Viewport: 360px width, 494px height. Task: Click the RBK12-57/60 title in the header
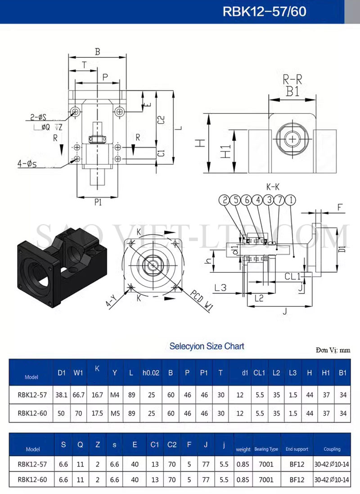264,12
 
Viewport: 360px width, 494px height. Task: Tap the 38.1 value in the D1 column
62,395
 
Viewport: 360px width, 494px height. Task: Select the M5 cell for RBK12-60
115,413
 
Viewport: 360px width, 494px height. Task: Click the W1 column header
78,373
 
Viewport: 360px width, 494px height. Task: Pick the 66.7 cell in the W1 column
78,395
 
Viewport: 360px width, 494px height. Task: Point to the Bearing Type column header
266,449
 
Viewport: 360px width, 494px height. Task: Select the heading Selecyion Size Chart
207,346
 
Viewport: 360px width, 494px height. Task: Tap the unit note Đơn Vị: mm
333,350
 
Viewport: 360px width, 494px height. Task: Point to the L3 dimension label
220,287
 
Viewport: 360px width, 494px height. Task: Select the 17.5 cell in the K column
97,413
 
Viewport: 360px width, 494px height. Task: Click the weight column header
243,449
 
